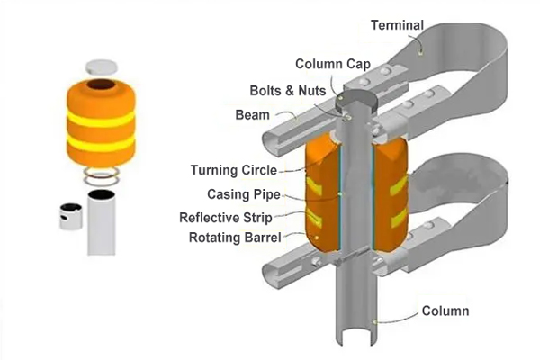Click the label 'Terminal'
(x=397, y=25)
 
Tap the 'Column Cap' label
(x=328, y=64)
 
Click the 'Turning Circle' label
(x=234, y=170)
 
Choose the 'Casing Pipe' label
(x=240, y=193)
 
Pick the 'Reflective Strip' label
(x=226, y=217)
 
